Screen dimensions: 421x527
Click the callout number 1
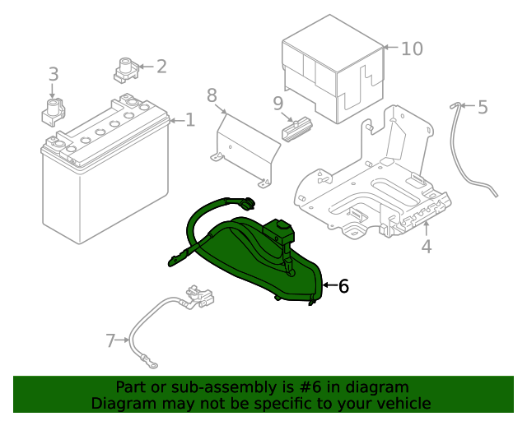(x=190, y=121)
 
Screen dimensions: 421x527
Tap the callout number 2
(x=161, y=67)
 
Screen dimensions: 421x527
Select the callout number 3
(x=54, y=75)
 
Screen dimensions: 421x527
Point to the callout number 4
(x=426, y=246)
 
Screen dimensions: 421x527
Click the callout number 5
(x=483, y=107)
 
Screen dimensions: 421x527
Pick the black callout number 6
(x=343, y=286)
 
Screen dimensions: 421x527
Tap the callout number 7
(x=111, y=340)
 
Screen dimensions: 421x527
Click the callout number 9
(x=278, y=104)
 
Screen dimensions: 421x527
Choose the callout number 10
(x=412, y=49)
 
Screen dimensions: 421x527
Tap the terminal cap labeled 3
(x=54, y=110)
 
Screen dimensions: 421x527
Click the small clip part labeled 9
(x=297, y=130)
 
